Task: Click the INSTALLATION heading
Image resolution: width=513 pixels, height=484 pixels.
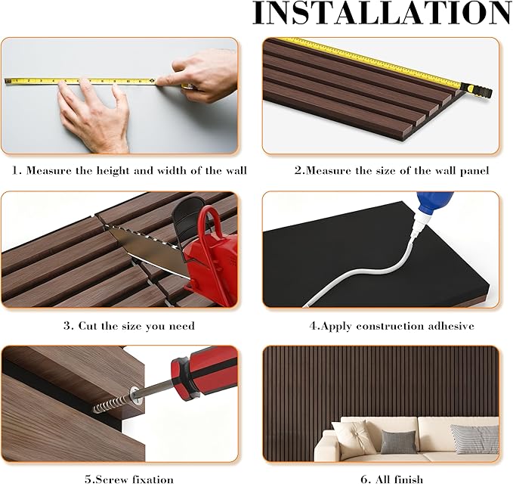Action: [382, 14]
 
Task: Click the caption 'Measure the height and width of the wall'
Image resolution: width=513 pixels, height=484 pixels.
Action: [128, 170]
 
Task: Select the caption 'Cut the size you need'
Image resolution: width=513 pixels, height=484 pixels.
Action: [128, 326]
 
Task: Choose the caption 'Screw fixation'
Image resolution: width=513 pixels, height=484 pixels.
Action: [128, 479]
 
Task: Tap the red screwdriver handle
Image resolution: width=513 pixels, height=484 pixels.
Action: [200, 371]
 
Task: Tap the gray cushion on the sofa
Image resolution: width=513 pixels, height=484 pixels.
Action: [397, 442]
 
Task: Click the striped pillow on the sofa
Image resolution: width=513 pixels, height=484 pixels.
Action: [474, 438]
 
